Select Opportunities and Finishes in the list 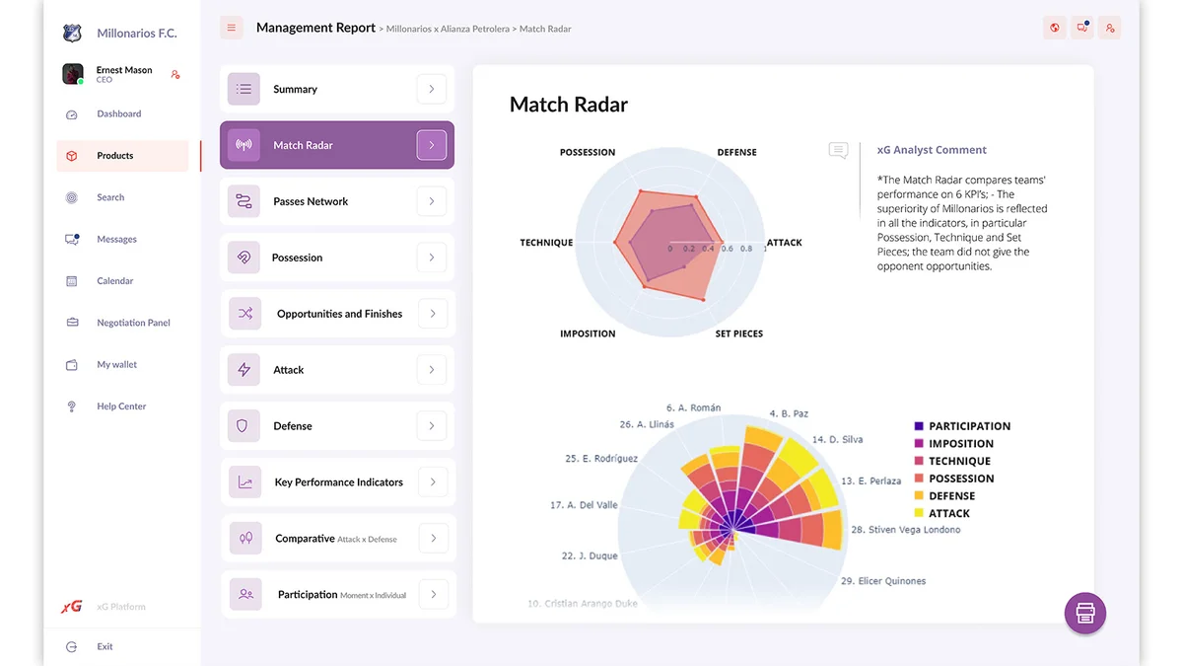pyautogui.click(x=338, y=314)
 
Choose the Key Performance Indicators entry pyautogui.click(x=338, y=482)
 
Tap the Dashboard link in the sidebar pyautogui.click(x=118, y=114)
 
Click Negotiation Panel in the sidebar pyautogui.click(x=133, y=323)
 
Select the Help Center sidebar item pyautogui.click(x=120, y=407)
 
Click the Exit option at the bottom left pyautogui.click(x=104, y=647)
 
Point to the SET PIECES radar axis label pyautogui.click(x=739, y=333)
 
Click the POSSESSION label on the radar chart pyautogui.click(x=588, y=152)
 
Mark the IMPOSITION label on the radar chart pyautogui.click(x=588, y=333)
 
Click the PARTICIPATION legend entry pyautogui.click(x=969, y=426)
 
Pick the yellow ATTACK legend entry pyautogui.click(x=948, y=513)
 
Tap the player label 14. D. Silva pyautogui.click(x=837, y=439)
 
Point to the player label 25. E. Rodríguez pyautogui.click(x=601, y=459)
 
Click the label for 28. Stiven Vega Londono pyautogui.click(x=905, y=530)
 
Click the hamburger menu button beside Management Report pyautogui.click(x=232, y=28)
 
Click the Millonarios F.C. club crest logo pyautogui.click(x=72, y=34)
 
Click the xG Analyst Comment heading pyautogui.click(x=932, y=150)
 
